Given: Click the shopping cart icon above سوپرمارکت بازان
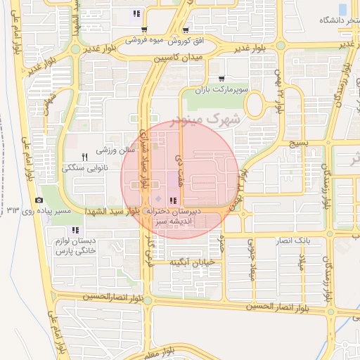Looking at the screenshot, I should pos(221,79).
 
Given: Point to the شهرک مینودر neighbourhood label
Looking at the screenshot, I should pos(215,120).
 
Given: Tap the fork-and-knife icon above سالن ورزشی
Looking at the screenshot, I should pos(84,156).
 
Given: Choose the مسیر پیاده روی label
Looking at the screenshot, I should pos(65,211).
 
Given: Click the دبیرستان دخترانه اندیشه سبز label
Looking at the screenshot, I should pos(174,216).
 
